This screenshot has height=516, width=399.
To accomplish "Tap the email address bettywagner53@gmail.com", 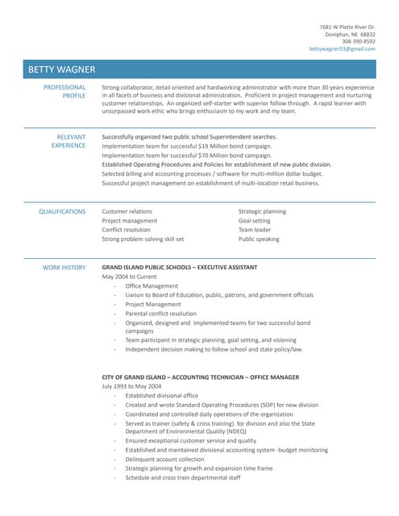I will pos(342,49).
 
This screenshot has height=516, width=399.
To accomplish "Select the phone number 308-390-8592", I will pos(356,42).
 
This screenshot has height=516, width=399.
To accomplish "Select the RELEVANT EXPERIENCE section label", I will pos(69,142).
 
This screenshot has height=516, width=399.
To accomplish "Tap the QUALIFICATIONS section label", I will pos(62,211).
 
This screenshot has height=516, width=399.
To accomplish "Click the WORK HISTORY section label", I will pos(64,268).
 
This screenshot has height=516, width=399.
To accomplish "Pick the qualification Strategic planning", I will pos(262,211).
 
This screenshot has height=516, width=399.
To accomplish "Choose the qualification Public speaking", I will pos(259,239).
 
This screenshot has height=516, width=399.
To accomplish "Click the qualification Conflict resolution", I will pos(126,230).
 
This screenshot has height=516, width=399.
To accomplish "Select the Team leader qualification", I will pos(256,230).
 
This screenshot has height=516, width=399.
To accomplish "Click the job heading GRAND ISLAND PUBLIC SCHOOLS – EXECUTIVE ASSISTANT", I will pos(180,267).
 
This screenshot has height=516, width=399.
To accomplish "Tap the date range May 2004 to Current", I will pos(129,277).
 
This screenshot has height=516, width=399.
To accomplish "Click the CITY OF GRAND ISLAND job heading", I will pos(200,377).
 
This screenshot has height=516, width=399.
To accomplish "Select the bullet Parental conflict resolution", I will pos(160,314).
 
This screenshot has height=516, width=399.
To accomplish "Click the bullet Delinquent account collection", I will pos(164,459).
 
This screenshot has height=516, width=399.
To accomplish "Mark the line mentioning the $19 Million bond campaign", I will pos(187,146).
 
